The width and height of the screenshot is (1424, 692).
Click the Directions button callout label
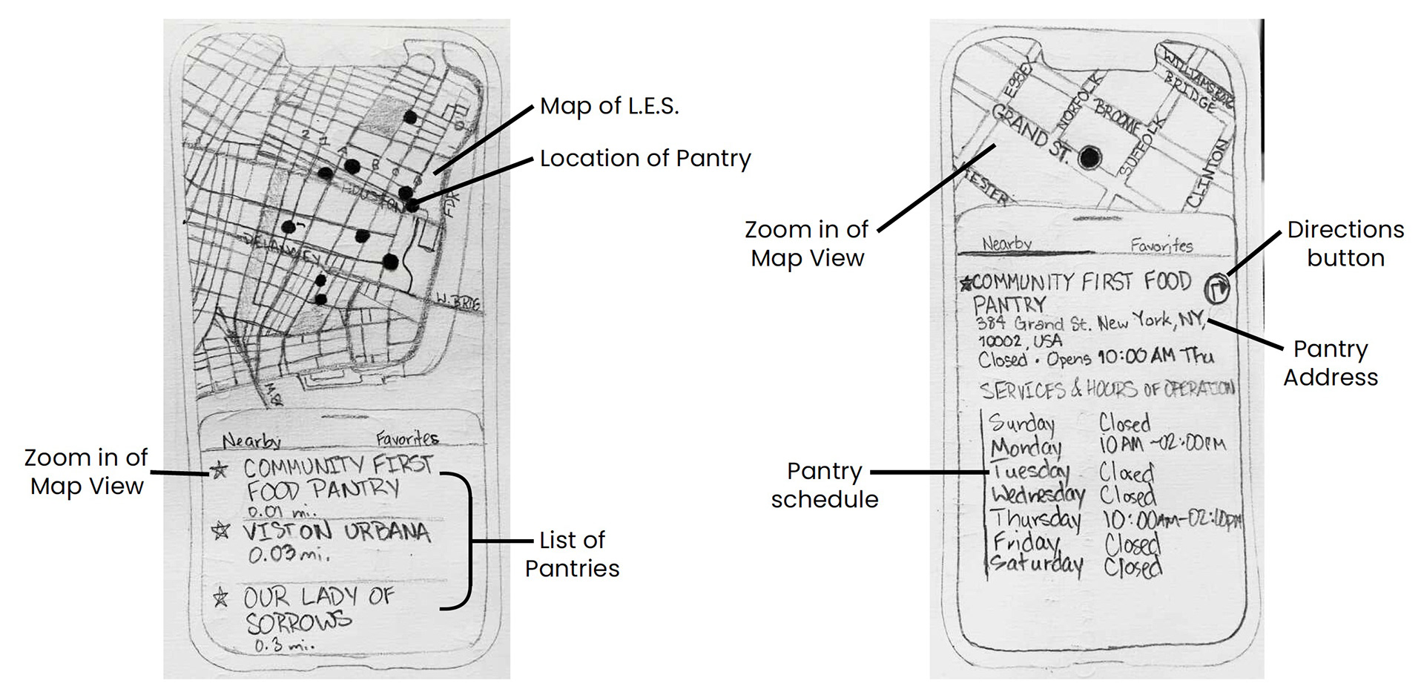(1345, 243)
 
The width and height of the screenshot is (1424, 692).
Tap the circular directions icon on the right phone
(1216, 288)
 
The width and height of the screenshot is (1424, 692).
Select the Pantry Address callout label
(1331, 363)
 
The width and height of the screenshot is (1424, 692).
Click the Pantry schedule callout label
(824, 485)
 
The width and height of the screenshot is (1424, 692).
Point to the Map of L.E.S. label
(609, 106)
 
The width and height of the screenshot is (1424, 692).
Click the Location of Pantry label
(645, 158)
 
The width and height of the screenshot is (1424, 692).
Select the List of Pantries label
(572, 553)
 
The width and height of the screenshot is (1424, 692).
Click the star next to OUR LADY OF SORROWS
(220, 597)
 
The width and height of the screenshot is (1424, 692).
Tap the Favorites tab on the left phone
(406, 438)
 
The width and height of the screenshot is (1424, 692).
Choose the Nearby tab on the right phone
(1006, 243)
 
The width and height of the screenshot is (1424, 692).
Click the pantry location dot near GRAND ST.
(1089, 157)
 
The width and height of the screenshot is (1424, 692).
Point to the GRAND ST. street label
(1031, 135)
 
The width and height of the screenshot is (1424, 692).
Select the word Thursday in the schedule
(1035, 518)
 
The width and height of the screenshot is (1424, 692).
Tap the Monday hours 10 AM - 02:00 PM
(1161, 444)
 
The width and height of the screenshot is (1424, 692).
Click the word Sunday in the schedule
(1021, 423)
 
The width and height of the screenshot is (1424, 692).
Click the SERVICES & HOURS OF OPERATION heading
(1107, 389)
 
